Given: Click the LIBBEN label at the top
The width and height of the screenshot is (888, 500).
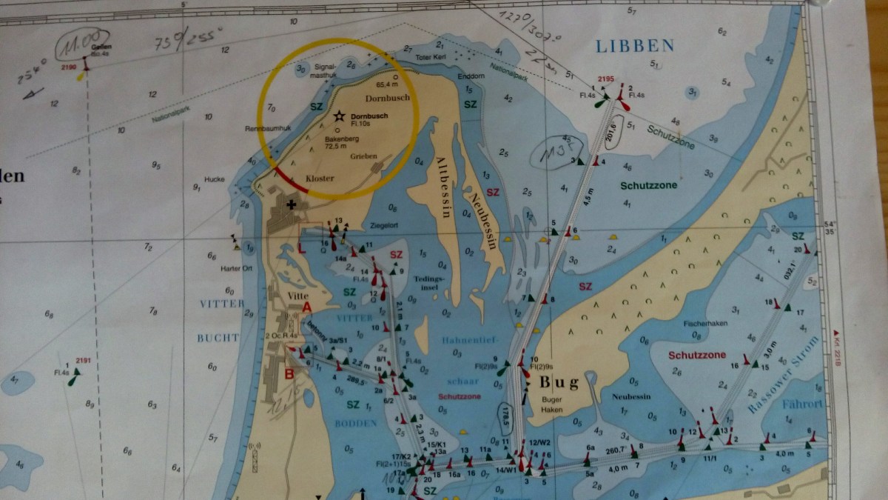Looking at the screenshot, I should click(636, 46).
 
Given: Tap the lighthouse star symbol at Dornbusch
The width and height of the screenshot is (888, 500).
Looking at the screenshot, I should click(339, 116).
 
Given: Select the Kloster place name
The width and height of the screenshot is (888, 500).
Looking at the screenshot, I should click(320, 179).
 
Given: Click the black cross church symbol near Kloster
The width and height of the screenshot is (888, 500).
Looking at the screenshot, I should click(292, 204).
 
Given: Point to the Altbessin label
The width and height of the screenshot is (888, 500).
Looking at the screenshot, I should click(443, 186).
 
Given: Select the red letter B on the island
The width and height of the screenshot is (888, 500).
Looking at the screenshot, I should click(289, 373).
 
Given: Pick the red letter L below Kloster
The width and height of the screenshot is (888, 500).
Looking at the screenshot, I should click(301, 248).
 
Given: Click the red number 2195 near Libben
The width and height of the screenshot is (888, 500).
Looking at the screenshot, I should click(606, 79).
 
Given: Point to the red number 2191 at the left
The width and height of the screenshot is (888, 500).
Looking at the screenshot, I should click(82, 361).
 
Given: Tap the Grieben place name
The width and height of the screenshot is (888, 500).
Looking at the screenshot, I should click(365, 156).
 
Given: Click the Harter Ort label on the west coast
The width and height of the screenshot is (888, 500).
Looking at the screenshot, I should click(237, 268).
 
